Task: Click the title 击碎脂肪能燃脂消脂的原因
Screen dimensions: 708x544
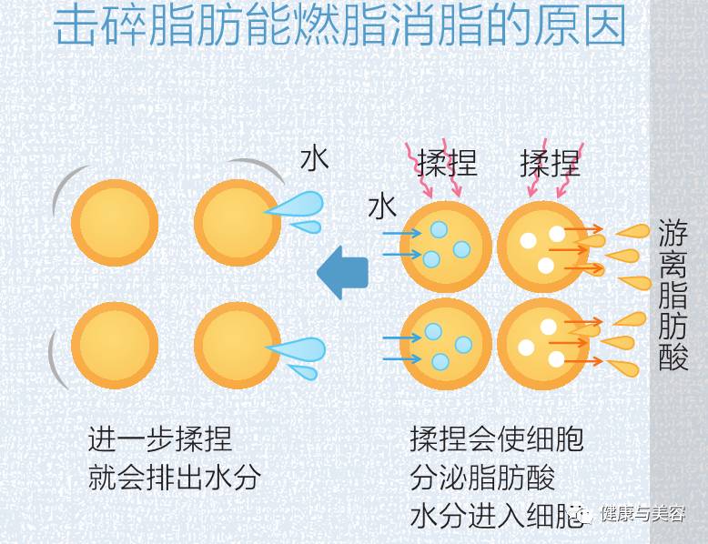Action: tap(339, 27)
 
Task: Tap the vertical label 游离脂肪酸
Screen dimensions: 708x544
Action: tap(673, 296)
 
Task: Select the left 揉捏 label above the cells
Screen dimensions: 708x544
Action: tap(448, 165)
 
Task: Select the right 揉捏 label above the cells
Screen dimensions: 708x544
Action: tap(550, 165)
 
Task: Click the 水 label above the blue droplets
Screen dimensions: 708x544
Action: tap(314, 158)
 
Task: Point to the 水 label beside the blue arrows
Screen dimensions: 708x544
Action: tap(382, 207)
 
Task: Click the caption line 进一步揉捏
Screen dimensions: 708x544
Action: tap(160, 439)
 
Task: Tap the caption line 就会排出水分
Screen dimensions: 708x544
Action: tap(174, 478)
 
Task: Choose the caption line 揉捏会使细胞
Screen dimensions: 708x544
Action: tap(497, 439)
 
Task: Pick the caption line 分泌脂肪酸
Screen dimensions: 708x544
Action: tap(482, 478)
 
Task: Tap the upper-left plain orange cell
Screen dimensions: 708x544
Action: tap(115, 223)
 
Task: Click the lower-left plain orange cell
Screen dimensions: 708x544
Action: tap(115, 345)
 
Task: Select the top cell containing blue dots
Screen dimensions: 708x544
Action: tap(447, 244)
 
